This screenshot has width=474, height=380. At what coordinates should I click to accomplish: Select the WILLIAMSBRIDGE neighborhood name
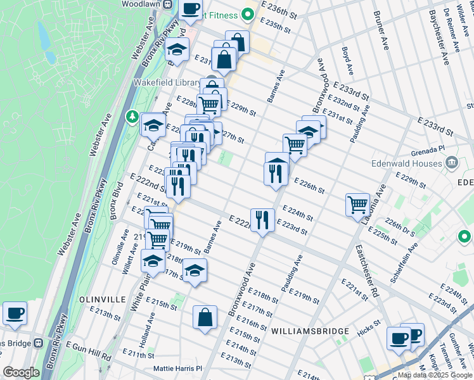[x=310, y=331]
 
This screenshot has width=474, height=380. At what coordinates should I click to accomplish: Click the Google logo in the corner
[x=20, y=372]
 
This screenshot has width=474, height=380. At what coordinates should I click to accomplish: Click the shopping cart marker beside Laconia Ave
[x=357, y=205]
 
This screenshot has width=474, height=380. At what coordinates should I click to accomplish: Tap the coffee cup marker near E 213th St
[x=15, y=313]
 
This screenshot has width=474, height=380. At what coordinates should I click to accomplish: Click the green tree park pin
[x=132, y=116]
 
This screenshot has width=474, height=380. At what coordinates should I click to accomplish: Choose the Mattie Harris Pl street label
[x=177, y=368]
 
